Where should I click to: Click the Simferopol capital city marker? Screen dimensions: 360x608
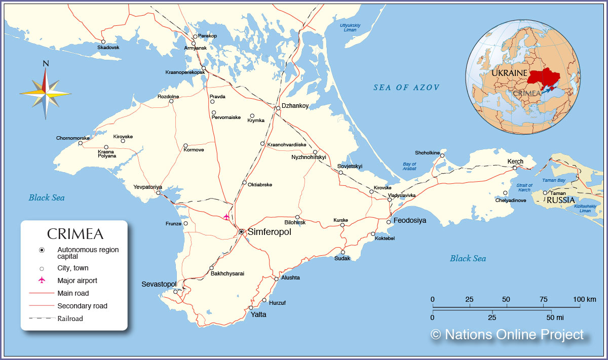(242, 231)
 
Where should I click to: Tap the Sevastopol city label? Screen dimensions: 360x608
(159, 284)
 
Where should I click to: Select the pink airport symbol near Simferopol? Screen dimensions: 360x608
(226, 217)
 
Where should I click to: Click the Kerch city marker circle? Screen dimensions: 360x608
(514, 168)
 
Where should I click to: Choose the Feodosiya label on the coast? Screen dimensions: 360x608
(410, 221)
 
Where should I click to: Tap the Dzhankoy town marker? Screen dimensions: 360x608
(278, 108)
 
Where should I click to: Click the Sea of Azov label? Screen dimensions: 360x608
(406, 88)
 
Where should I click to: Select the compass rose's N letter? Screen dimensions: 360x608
(46, 64)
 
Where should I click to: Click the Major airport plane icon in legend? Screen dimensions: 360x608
(42, 281)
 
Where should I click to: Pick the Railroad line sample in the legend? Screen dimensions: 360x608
(41, 318)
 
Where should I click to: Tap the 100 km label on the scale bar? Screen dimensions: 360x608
(584, 299)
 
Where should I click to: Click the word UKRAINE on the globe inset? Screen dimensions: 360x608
(509, 73)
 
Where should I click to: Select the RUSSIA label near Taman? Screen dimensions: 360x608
(560, 200)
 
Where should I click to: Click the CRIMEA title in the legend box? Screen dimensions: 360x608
(75, 234)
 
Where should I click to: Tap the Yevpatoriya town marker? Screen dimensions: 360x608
(158, 193)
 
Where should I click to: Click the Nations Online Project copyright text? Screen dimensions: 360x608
(507, 335)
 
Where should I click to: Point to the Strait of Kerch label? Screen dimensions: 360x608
(524, 187)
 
